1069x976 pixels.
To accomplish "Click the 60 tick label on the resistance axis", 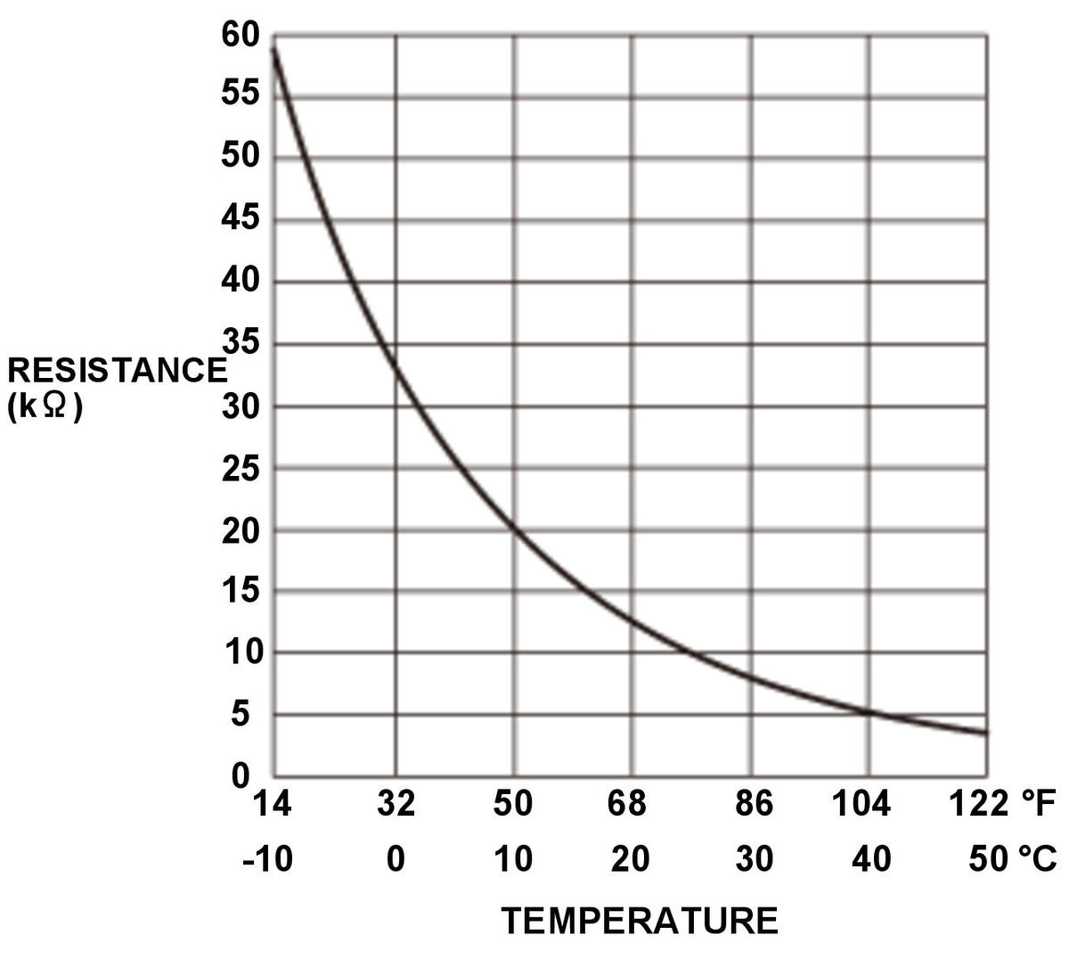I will click(240, 35).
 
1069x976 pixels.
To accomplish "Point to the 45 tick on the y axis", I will click(240, 218).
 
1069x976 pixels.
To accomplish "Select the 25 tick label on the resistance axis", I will click(240, 469).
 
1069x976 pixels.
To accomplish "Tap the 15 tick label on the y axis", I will click(240, 591).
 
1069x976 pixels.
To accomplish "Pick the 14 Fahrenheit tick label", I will click(273, 804).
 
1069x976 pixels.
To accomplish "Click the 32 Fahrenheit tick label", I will click(396, 804).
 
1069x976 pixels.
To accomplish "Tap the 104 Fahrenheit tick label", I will click(861, 804).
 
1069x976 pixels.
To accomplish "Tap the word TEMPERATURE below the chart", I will click(640, 921).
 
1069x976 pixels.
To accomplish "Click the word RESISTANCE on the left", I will click(117, 370).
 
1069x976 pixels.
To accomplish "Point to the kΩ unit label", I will click(45, 406).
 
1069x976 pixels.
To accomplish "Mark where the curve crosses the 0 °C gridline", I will click(396, 370).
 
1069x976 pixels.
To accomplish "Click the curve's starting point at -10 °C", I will click(273, 47).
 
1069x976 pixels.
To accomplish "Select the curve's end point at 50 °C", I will click(986, 733).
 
